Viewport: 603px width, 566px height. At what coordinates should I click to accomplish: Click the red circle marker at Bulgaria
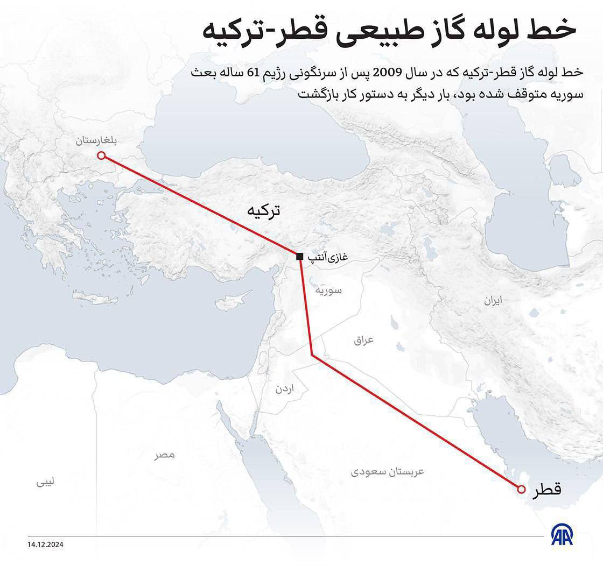pos(101,156)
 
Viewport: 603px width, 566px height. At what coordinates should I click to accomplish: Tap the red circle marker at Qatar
pos(521,489)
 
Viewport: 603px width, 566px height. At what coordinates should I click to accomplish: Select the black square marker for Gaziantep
pos(299,257)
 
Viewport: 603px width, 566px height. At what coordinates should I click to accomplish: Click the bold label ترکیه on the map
pos(263,210)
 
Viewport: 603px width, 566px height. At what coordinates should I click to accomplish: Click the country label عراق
pos(363,340)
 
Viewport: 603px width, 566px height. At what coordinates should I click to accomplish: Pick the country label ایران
pos(492,301)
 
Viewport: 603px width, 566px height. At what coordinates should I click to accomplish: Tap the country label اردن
pos(285,388)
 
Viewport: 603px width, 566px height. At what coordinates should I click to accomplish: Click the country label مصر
pos(165,455)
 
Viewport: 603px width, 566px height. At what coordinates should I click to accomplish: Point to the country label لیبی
pos(46,483)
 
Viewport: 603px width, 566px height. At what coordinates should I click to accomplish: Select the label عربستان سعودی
pos(388,472)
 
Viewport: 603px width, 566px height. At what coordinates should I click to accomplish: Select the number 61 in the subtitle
pos(253,73)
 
